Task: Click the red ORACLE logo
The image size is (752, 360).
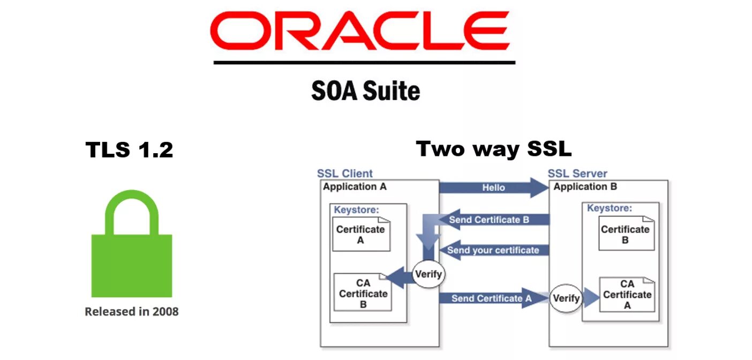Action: (x=360, y=31)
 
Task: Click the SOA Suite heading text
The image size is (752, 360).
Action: (x=365, y=91)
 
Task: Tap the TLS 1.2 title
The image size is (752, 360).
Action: (x=129, y=150)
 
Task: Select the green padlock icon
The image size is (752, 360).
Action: (x=132, y=246)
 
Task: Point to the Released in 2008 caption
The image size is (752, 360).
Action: (x=132, y=311)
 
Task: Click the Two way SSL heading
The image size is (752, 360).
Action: (x=493, y=149)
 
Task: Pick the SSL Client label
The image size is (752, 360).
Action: (x=344, y=174)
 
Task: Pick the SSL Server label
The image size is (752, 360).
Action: (x=577, y=174)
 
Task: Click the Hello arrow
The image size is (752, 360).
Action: (x=493, y=188)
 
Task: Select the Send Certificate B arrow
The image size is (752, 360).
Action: (x=488, y=220)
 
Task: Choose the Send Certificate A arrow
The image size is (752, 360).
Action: (x=491, y=298)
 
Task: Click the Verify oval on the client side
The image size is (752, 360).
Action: (x=428, y=274)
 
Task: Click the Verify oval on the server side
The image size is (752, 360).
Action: (x=566, y=298)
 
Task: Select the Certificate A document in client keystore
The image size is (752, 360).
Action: (x=360, y=234)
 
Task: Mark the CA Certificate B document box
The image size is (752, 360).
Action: (x=363, y=293)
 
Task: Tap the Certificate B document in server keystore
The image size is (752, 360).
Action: (x=625, y=234)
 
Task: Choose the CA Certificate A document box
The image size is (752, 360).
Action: (x=627, y=294)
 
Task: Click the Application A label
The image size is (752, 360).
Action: (x=355, y=187)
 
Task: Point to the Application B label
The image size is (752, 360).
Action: (x=585, y=187)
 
